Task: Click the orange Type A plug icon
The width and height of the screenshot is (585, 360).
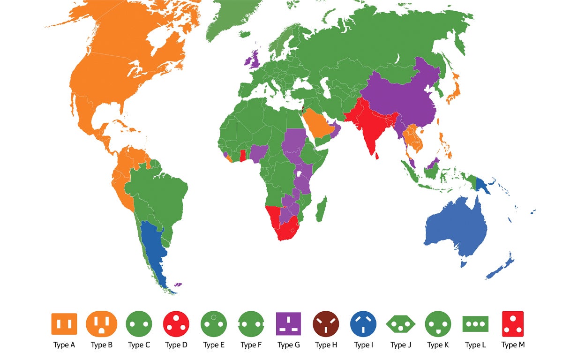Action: point(64,324)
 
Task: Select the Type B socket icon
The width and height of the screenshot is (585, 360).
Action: point(101,324)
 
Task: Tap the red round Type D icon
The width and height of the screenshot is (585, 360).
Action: point(176,324)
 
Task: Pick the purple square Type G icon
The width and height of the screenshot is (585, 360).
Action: point(288,324)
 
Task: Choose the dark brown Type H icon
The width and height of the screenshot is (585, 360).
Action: point(326,324)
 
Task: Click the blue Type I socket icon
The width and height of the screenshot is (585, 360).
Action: point(363,324)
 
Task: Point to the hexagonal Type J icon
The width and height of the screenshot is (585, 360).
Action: point(401,324)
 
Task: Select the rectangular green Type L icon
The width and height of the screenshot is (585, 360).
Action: point(475,324)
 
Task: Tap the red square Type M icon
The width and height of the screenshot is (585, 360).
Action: point(512,324)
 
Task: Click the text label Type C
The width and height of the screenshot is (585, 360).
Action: point(139,345)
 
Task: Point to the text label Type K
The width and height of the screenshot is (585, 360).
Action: point(438,345)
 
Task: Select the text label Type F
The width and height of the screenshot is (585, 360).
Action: point(251,345)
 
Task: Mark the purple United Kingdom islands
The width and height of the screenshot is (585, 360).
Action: point(255,60)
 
